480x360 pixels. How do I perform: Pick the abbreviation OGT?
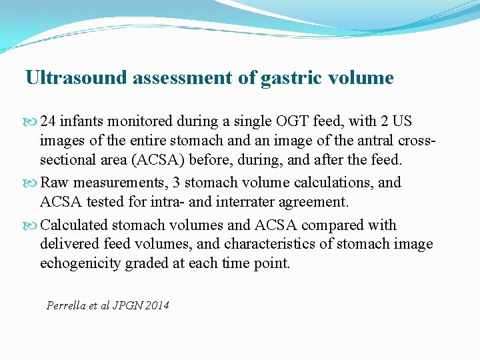276,121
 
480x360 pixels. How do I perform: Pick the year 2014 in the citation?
157,305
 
